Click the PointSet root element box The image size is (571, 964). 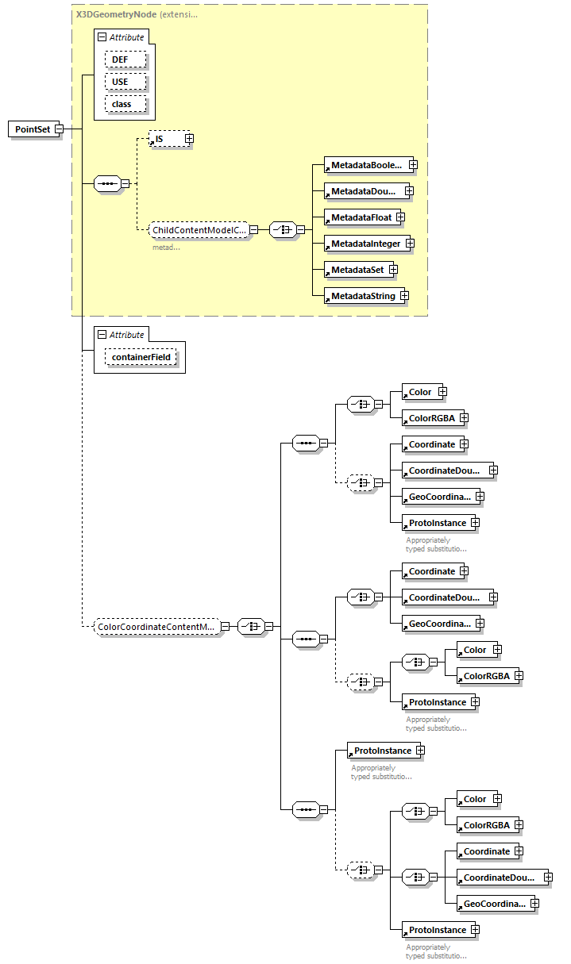click(33, 129)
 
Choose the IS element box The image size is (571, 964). click(168, 139)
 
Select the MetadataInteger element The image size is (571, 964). click(365, 244)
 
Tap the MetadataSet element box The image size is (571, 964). click(357, 270)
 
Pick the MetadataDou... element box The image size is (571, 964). click(363, 190)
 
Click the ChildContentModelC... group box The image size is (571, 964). click(199, 230)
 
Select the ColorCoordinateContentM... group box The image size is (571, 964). click(155, 627)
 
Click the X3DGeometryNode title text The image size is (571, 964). click(116, 13)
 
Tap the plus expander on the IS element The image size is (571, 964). click(189, 139)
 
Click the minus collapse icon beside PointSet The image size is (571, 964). click(59, 129)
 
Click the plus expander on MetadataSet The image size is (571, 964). click(393, 270)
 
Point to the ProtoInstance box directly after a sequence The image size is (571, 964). click(382, 751)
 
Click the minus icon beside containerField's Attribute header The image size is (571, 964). click(101, 334)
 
